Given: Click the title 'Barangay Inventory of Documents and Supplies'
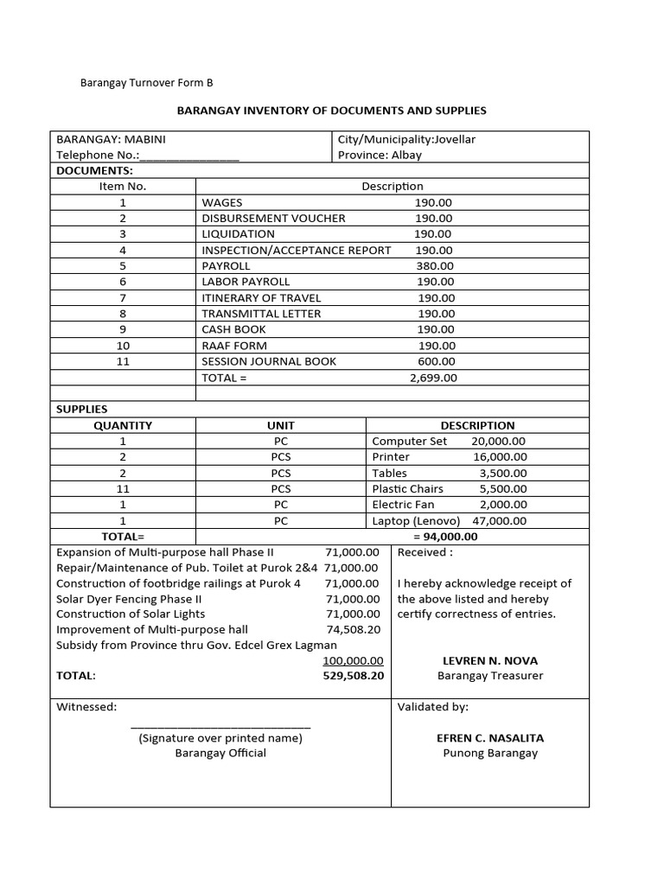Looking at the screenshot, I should click(x=332, y=111).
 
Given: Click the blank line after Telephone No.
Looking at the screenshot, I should click(x=188, y=156).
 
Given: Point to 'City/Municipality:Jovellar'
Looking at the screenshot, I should click(x=406, y=139).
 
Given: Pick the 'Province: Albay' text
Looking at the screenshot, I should click(x=380, y=156).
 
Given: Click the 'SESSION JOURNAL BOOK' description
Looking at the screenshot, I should click(x=269, y=361).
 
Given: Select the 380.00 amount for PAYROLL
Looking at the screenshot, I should click(x=435, y=266).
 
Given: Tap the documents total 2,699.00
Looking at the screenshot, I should click(x=433, y=378).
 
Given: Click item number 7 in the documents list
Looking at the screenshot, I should click(x=123, y=298).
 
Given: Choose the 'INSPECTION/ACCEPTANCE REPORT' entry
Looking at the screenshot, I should click(x=297, y=251).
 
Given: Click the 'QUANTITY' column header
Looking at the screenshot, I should click(x=123, y=425).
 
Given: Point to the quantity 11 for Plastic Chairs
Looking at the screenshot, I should click(x=123, y=489).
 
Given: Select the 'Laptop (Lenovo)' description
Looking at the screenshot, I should click(x=416, y=521).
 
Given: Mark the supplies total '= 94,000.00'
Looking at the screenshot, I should click(x=445, y=537).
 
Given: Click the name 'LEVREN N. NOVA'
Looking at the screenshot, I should click(x=489, y=661).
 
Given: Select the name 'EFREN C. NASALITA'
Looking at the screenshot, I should click(x=489, y=739).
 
